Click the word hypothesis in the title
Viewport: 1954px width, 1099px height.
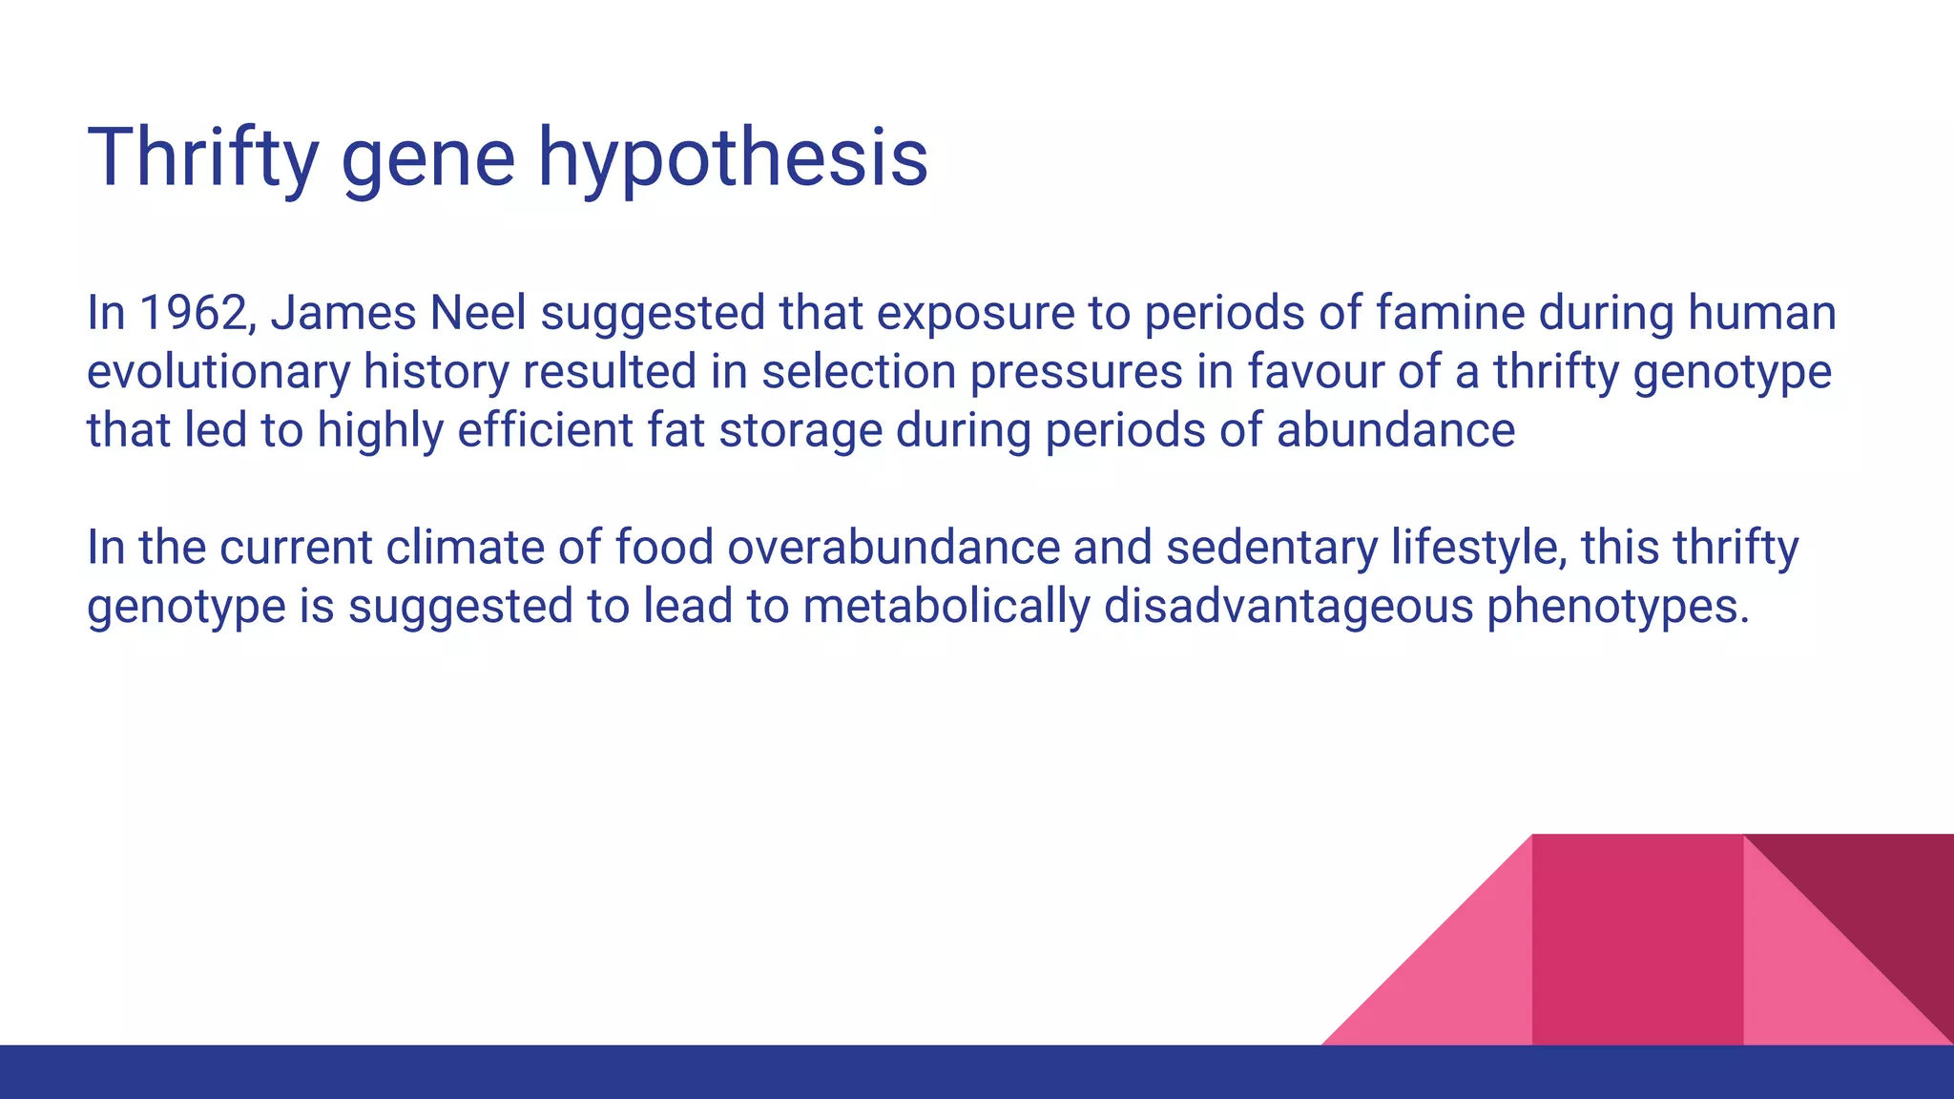pyautogui.click(x=732, y=157)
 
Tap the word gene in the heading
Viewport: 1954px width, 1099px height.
pyautogui.click(x=427, y=157)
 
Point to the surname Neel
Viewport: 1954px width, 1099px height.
pyautogui.click(x=478, y=313)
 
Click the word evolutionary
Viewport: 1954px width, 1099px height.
pyautogui.click(x=218, y=372)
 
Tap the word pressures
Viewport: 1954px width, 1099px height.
pyautogui.click(x=1076, y=372)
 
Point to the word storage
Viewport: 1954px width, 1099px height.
pyautogui.click(x=800, y=430)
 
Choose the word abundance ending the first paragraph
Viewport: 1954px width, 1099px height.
pyautogui.click(x=1395, y=430)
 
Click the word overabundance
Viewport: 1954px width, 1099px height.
pyautogui.click(x=893, y=548)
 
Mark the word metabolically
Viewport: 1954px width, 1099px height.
pyautogui.click(x=946, y=607)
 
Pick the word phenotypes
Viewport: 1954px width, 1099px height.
pyautogui.click(x=1617, y=607)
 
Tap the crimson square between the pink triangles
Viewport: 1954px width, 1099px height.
pyautogui.click(x=1637, y=940)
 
